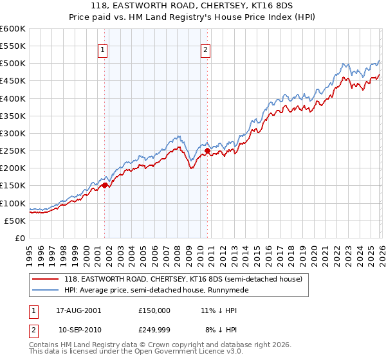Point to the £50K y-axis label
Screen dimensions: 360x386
tap(14, 221)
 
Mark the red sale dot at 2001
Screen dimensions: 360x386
tap(104, 186)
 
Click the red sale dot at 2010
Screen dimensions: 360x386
tap(207, 151)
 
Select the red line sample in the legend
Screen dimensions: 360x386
tap(46, 279)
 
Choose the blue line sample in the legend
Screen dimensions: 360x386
tap(46, 290)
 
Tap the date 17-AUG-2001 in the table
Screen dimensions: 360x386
tap(78, 310)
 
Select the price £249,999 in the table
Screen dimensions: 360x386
tap(154, 331)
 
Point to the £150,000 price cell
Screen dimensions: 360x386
tap(154, 310)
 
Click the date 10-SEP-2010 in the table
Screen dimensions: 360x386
tap(78, 331)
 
